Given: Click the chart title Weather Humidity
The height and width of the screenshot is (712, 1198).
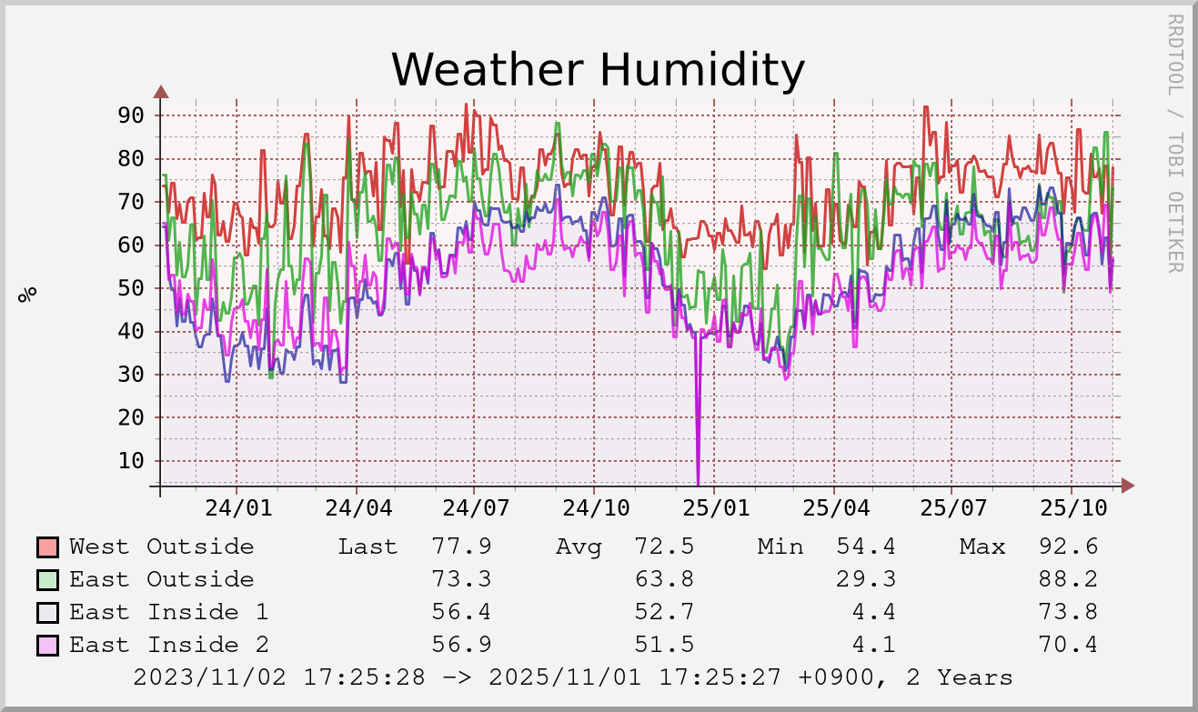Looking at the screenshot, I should click(598, 69).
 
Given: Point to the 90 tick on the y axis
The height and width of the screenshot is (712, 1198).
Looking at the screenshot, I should click(131, 115).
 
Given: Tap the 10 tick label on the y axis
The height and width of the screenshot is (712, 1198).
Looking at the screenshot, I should click(131, 461).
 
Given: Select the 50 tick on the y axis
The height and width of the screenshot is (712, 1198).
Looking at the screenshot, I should click(131, 288).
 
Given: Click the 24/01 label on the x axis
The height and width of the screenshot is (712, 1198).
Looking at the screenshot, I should click(237, 507).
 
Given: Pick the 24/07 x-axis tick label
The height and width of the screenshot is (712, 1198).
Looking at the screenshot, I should click(476, 507).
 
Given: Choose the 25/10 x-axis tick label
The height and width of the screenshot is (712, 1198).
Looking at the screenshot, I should click(1070, 507).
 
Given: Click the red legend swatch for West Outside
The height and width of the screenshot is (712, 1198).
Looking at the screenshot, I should click(47, 547).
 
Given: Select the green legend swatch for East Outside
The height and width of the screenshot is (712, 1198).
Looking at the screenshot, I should click(47, 580).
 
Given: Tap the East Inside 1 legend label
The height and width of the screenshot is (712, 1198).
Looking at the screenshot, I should click(168, 612).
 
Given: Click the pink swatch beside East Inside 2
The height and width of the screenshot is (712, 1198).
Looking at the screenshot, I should click(47, 646).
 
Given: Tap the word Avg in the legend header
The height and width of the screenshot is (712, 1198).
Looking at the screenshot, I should click(579, 547).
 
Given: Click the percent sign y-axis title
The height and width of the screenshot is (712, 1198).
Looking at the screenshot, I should click(28, 293).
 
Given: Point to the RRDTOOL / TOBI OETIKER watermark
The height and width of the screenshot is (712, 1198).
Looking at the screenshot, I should click(1174, 143).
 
